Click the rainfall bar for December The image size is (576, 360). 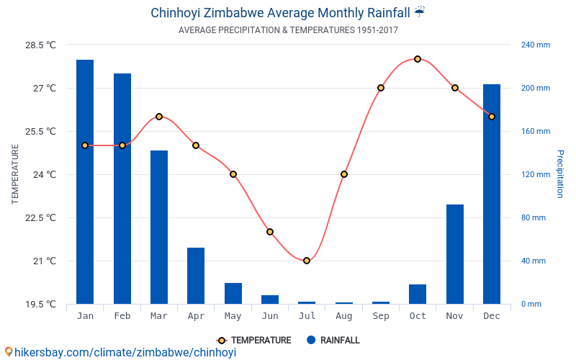point(492,194)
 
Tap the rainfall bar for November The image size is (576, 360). point(455,254)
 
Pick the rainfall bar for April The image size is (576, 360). point(196,276)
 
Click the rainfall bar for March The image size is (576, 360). point(159,227)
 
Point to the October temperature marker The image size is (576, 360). point(418,59)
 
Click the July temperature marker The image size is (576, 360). point(307,261)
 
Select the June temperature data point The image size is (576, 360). point(270,232)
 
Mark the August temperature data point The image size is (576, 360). point(344,174)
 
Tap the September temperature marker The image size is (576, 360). point(381,88)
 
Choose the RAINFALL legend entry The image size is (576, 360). point(333,341)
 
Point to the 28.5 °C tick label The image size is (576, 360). point(40,45)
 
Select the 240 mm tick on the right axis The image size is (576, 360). point(536,45)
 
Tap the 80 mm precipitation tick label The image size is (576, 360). point(534,217)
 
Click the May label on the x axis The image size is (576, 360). point(233,316)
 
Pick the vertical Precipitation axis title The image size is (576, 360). point(559,174)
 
